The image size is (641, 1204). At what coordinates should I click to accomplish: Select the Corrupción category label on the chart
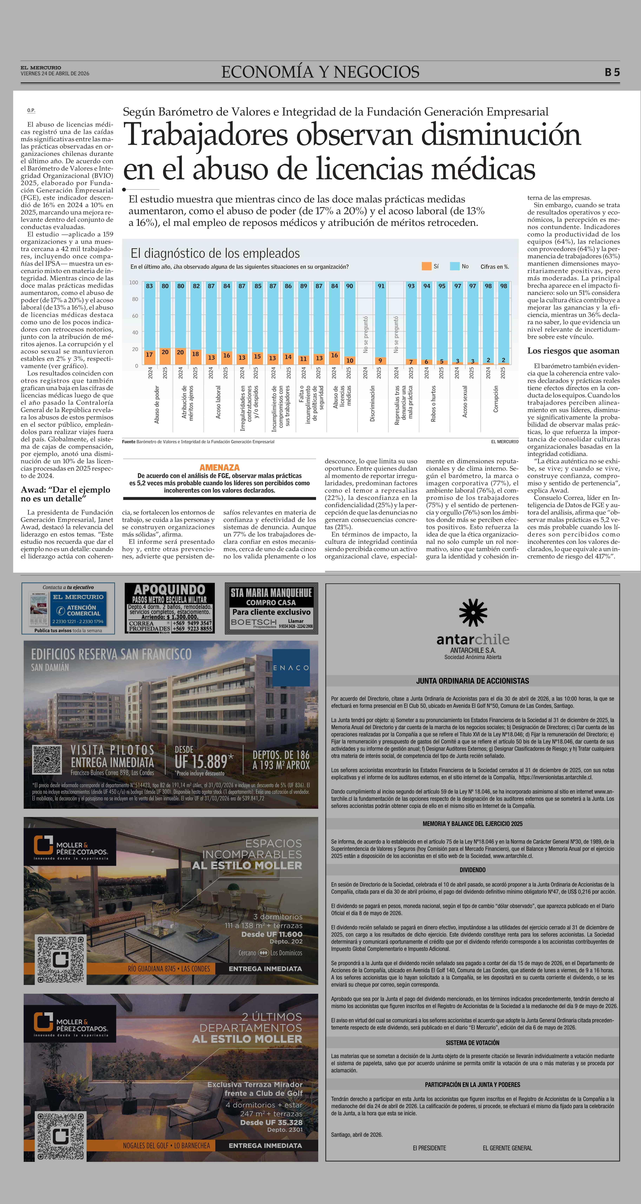(496, 399)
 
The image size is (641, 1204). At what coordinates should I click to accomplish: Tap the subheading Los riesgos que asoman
(573, 351)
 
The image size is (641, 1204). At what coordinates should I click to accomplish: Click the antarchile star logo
(473, 613)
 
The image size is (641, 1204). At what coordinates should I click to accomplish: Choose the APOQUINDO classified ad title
(170, 590)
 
